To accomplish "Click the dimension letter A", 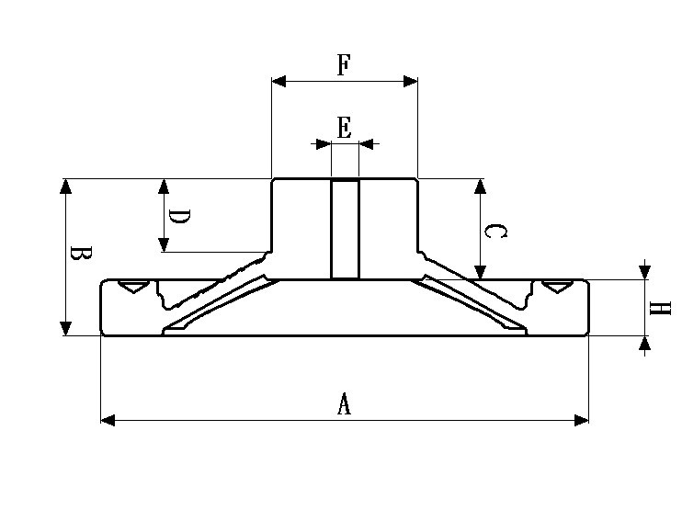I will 344,403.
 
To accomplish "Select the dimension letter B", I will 80,255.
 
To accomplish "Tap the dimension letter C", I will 494,231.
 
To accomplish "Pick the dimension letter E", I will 344,128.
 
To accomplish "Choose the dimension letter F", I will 344,65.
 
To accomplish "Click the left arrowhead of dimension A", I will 107,420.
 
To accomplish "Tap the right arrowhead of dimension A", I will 581,420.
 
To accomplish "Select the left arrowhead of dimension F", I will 278,82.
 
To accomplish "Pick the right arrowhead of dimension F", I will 411,82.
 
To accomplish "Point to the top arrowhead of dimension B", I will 65,186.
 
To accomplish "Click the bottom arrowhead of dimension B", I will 65,328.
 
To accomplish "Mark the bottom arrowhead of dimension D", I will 164,244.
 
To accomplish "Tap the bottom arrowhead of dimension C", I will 479,272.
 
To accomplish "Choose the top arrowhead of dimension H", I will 645,273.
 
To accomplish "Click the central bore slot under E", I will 345,230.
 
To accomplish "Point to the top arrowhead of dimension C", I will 479,186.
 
